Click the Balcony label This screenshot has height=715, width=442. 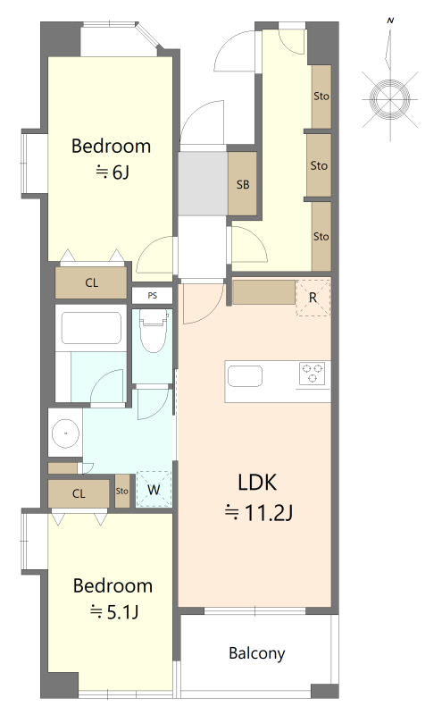tap(256, 653)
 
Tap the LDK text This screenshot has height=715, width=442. tap(257, 482)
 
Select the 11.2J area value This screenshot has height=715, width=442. tap(269, 512)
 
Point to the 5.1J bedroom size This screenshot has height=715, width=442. tap(122, 611)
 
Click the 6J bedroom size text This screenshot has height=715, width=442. tap(121, 172)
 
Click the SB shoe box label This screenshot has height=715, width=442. tap(243, 184)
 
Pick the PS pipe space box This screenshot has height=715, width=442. tap(152, 296)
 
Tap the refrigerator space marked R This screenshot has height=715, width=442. tap(313, 298)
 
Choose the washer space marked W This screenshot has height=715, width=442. tap(154, 489)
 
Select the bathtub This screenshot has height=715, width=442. tap(91, 328)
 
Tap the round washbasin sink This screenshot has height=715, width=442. tap(65, 433)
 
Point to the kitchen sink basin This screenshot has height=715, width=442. tap(245, 376)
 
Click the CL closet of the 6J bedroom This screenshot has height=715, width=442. tap(91, 282)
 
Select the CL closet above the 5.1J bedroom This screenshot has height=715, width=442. tap(79, 493)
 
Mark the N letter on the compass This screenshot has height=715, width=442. tap(390, 21)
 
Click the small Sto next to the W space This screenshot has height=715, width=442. tap(122, 491)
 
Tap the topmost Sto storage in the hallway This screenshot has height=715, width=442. tap(321, 97)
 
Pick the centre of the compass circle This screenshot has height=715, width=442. tap(390, 99)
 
